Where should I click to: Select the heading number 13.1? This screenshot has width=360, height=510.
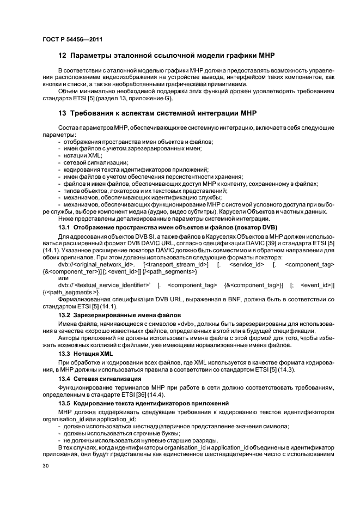65,227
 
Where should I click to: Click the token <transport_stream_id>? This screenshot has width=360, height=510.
176,264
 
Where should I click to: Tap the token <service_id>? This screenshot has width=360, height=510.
247,264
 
